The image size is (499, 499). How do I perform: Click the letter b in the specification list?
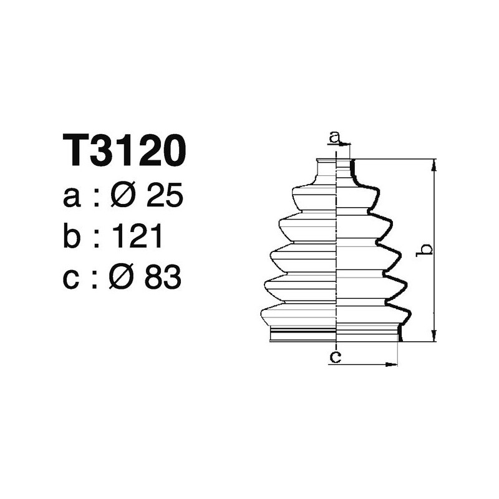[72, 237]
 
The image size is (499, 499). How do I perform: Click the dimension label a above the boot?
[335, 136]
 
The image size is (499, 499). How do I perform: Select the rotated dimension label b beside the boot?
[425, 249]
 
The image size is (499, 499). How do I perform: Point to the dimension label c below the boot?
[336, 357]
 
